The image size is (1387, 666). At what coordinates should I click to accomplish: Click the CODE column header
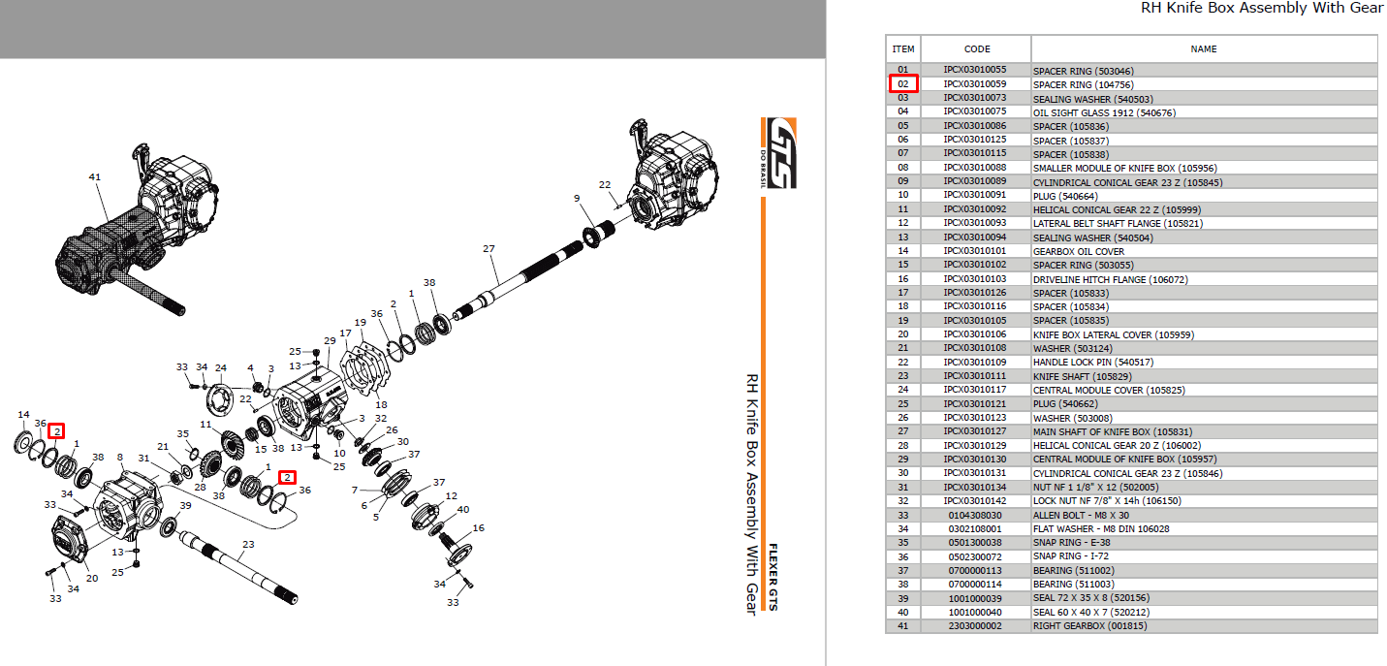tap(976, 48)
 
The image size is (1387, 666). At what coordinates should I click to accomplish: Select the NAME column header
tap(1203, 48)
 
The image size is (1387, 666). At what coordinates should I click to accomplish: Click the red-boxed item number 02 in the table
tap(903, 83)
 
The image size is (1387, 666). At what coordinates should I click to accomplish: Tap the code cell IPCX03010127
tap(975, 431)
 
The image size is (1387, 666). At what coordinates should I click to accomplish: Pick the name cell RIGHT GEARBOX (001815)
tap(1089, 625)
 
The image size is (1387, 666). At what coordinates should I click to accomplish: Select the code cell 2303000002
tap(975, 625)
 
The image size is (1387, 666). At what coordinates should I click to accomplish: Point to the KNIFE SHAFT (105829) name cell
tap(1083, 376)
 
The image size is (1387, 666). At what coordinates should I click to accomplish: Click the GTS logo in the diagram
tap(779, 153)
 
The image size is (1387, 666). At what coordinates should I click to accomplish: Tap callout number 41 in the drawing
tap(94, 177)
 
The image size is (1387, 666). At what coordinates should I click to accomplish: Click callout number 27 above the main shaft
tap(489, 249)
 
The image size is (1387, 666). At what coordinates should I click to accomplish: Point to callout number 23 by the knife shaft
tap(248, 545)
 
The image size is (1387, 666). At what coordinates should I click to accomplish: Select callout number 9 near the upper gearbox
tap(577, 199)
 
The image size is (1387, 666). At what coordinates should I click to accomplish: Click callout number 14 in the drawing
tap(23, 415)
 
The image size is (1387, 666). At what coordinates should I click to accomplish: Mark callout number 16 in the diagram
tap(478, 527)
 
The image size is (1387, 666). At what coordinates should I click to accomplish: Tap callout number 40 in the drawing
tap(462, 509)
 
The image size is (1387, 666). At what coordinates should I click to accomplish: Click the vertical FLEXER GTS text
tap(772, 577)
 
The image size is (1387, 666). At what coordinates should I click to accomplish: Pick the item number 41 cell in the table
tap(903, 625)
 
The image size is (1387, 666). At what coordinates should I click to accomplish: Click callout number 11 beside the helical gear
tap(205, 425)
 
